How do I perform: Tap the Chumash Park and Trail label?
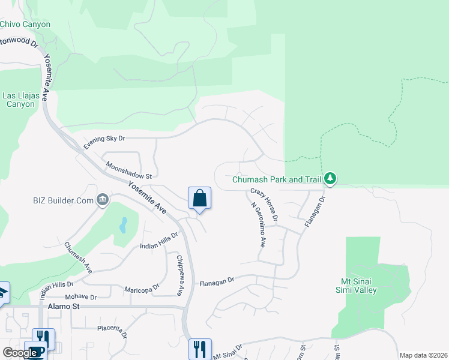tap(277, 179)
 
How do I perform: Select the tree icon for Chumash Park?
tap(330, 179)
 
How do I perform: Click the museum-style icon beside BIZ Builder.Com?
tap(103, 199)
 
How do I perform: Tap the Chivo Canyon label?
tap(25, 25)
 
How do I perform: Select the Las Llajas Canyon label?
tap(19, 100)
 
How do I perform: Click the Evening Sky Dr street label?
tap(104, 142)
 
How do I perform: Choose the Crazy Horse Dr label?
tap(264, 204)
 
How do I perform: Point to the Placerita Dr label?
tap(112, 331)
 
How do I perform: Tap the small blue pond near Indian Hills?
tap(123, 225)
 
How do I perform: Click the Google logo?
tap(20, 353)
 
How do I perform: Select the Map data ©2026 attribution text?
tap(423, 355)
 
